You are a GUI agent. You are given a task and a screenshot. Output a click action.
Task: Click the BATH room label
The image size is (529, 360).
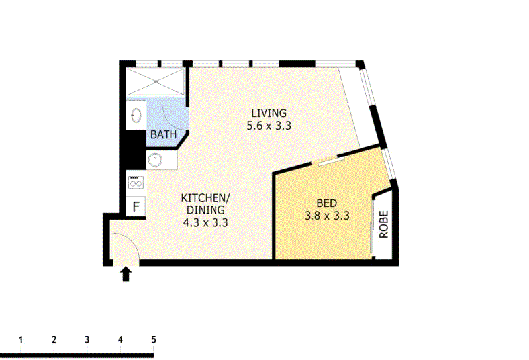164,134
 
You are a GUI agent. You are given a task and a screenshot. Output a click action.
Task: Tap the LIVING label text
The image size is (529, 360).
269,113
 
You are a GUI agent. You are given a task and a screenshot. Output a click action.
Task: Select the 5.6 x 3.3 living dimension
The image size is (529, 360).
269,126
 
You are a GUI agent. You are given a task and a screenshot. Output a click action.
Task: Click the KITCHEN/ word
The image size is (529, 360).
205,197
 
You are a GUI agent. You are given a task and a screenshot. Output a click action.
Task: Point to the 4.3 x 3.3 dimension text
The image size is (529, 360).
205,223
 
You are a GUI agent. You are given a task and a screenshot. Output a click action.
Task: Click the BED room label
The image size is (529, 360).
326,203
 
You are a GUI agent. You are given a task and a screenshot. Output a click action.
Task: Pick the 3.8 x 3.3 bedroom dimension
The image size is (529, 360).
326,216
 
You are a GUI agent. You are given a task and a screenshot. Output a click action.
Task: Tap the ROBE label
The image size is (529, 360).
384,224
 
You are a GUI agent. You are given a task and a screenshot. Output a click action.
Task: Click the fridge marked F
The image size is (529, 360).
136,206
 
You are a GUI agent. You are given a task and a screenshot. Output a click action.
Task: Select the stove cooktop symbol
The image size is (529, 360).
136,182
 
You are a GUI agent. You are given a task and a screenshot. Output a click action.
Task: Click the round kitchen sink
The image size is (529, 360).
155,160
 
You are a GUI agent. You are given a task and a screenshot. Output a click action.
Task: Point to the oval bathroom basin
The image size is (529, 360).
136,115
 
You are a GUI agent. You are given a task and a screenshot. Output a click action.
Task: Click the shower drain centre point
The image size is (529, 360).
156,82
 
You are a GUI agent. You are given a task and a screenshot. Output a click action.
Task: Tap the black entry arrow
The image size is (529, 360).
126,274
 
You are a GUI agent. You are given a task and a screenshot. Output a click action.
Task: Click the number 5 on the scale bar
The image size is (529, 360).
154,339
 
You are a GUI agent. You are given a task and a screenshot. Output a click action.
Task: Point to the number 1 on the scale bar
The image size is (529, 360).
21,339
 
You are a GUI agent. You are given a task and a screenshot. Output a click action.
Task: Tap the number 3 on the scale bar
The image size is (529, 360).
87,339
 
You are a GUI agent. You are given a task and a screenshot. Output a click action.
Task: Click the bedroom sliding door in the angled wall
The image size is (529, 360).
328,161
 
